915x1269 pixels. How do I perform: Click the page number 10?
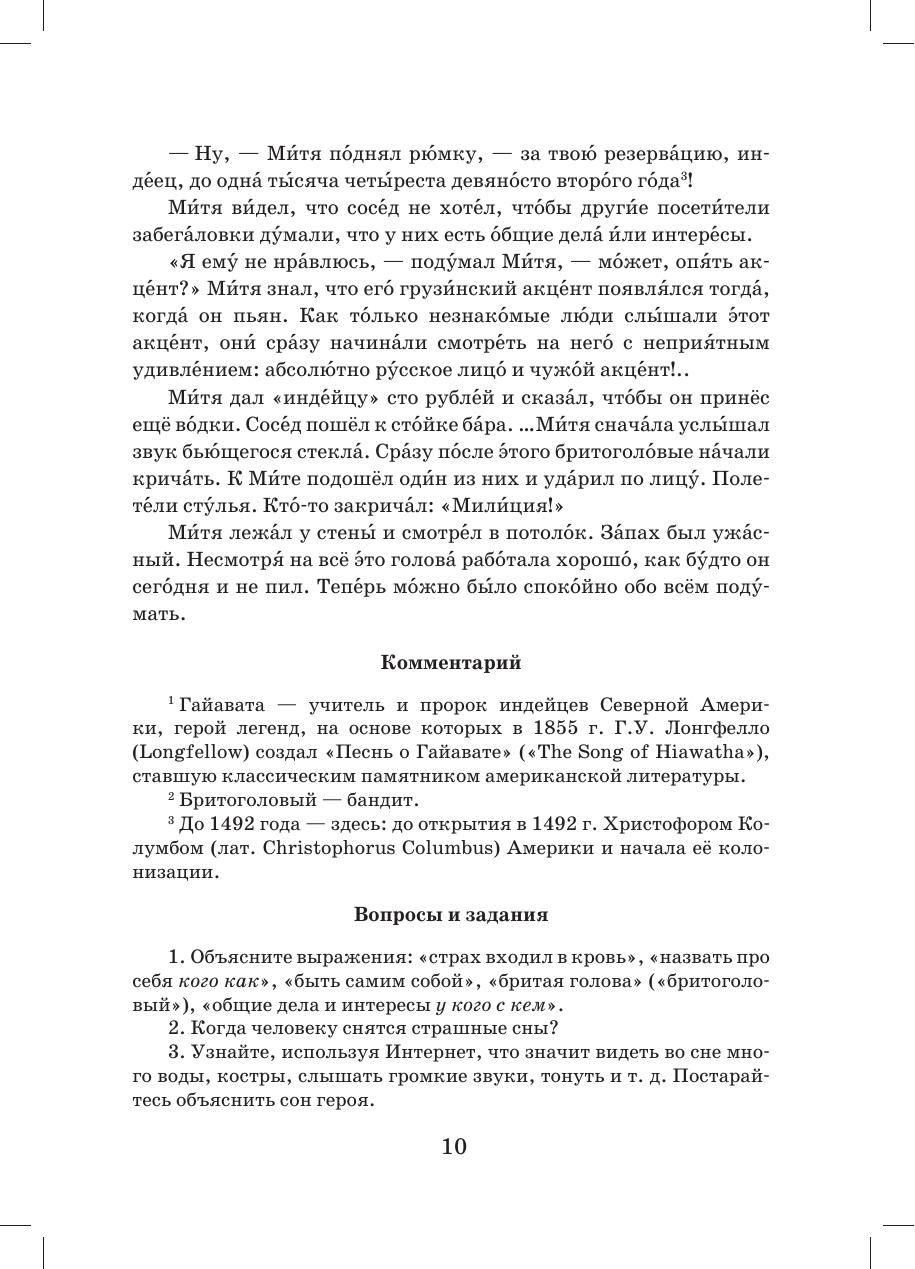click(x=454, y=1145)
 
